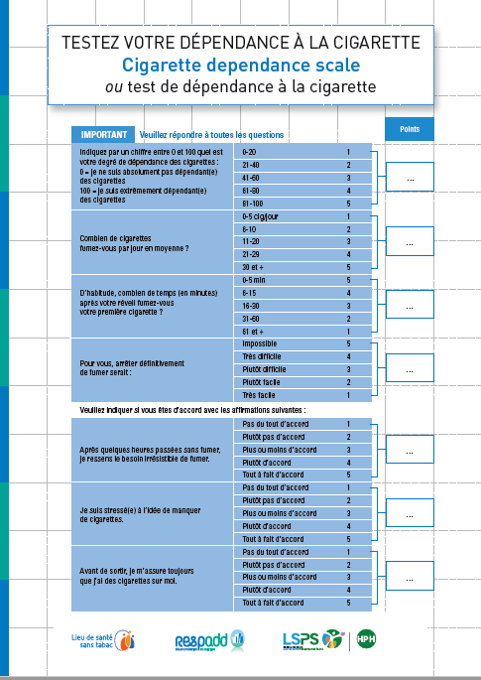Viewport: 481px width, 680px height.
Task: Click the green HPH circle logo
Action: click(x=365, y=639)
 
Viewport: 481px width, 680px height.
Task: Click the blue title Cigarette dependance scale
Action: click(x=240, y=65)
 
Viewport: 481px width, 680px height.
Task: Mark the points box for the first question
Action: click(x=409, y=177)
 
